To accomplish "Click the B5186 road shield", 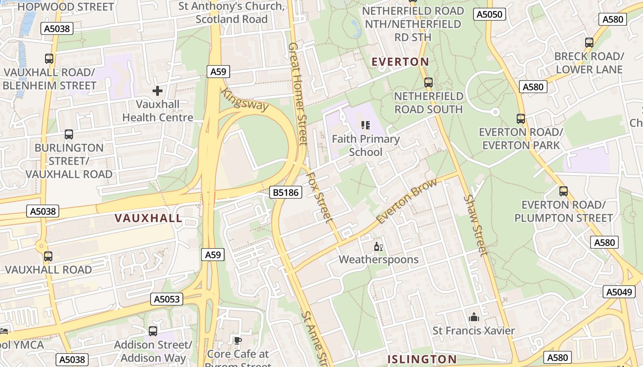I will click(285, 192).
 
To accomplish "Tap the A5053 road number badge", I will click(167, 299).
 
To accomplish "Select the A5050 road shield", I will click(489, 14).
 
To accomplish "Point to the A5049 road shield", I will click(619, 292).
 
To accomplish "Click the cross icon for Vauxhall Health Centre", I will click(158, 91).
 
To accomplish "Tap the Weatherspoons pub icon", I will click(378, 247).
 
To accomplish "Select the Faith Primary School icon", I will click(366, 125).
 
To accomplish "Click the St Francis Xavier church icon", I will click(474, 317).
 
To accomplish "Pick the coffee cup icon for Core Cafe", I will click(237, 340).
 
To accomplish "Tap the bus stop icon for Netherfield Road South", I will click(429, 83).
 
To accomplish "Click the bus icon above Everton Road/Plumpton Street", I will click(564, 191).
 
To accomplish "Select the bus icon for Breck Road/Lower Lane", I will click(589, 43).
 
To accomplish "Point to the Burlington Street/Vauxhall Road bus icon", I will click(69, 134).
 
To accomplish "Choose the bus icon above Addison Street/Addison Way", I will click(153, 331).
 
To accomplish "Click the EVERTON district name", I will click(400, 61).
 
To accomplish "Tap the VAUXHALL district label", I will click(148, 218).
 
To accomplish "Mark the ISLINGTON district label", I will click(422, 359).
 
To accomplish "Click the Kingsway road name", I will click(245, 100).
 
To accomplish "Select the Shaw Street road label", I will click(475, 225).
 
